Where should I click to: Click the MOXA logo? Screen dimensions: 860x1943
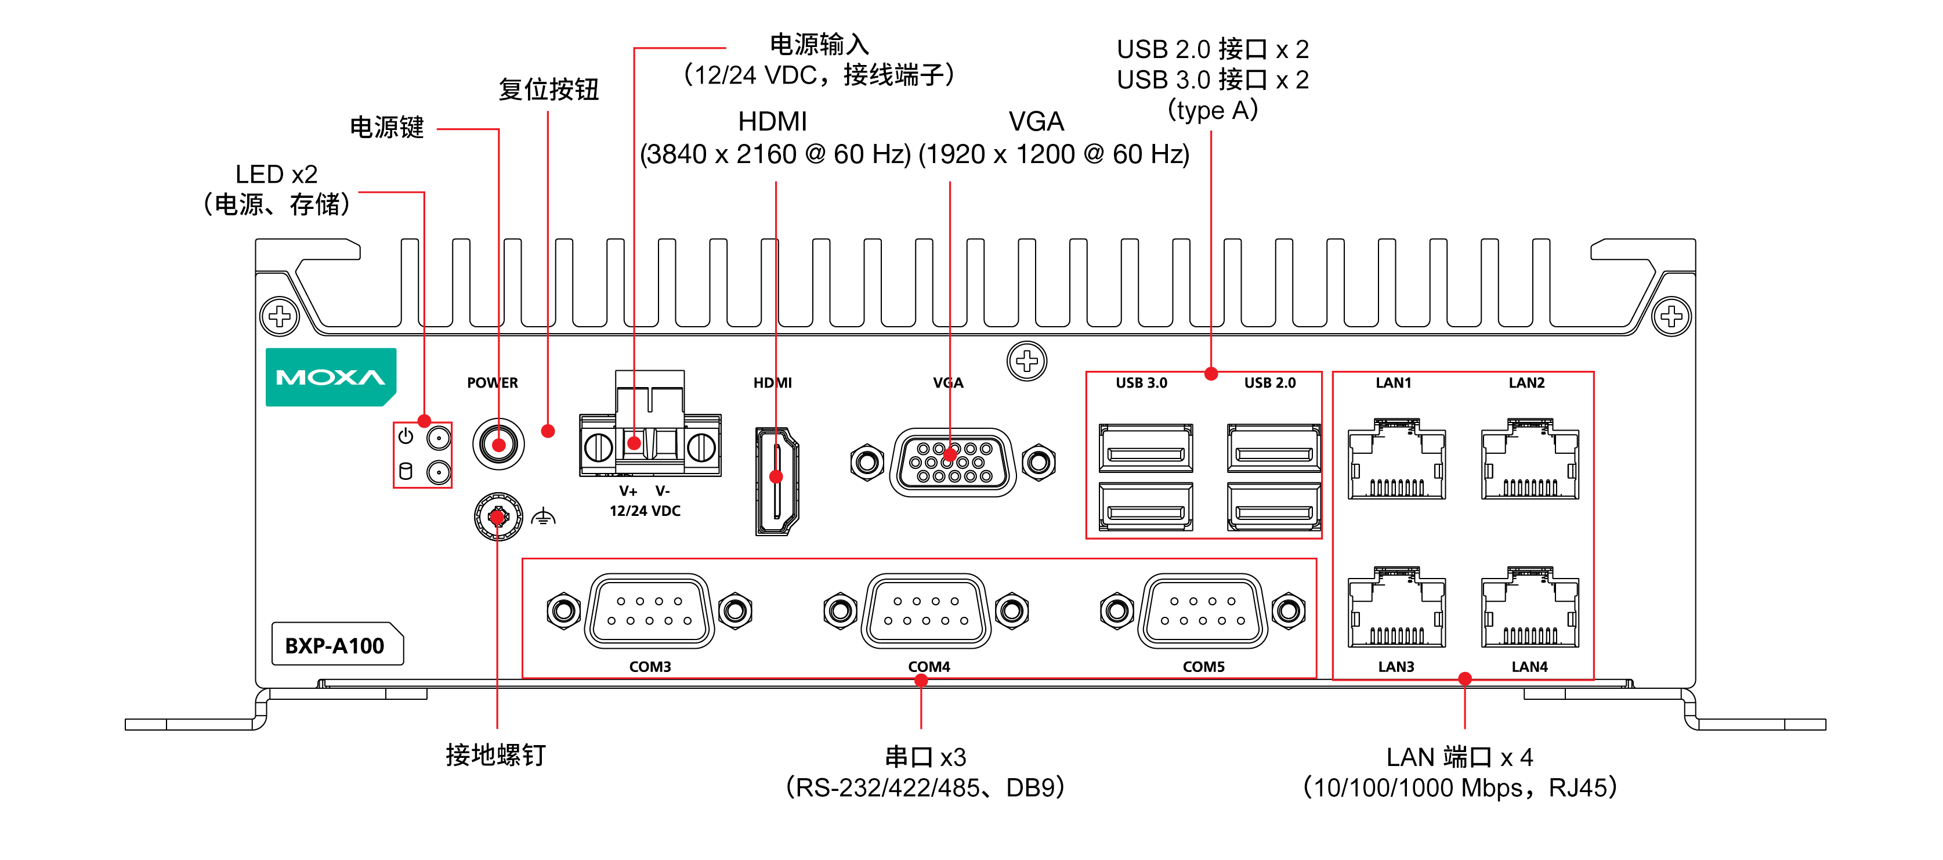330,377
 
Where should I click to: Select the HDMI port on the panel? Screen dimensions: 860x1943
776,480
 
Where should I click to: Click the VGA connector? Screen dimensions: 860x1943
953,462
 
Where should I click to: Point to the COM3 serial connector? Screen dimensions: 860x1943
649,610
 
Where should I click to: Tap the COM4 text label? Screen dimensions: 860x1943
928,667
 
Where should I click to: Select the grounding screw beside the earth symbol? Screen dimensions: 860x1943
498,516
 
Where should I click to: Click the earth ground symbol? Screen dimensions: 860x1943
543,518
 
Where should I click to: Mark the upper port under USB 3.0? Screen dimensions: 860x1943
1146,447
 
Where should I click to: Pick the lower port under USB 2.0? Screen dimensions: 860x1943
1273,506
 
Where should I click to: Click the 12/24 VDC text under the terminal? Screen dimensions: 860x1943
645,511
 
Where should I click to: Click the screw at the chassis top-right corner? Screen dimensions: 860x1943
1671,316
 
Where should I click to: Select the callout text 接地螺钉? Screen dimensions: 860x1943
495,754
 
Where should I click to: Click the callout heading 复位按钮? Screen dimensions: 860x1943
548,89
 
